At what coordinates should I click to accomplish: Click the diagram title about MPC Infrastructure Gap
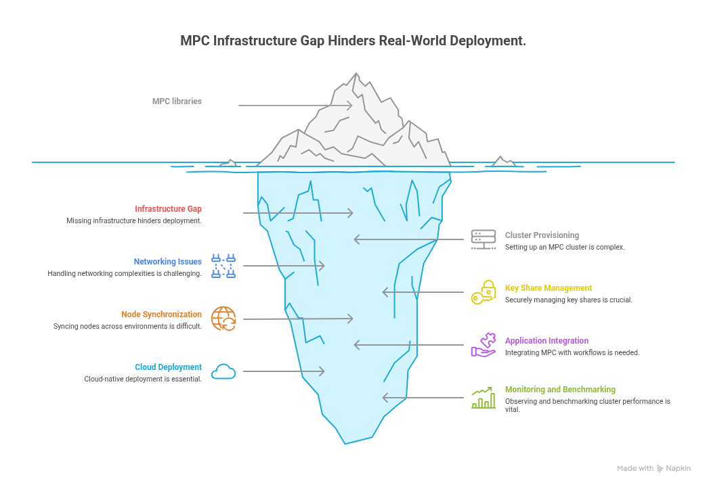353,41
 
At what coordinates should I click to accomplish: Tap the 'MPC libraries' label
177,101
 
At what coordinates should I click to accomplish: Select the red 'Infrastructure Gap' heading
168,209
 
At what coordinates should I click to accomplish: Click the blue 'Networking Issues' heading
167,262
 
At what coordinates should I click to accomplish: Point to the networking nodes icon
223,266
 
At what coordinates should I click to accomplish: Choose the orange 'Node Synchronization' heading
161,315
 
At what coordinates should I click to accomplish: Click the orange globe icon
223,318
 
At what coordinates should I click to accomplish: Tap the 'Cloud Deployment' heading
168,367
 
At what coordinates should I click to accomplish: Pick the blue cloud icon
223,371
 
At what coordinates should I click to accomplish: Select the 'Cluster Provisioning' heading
542,235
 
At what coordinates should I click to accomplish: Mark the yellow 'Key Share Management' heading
549,288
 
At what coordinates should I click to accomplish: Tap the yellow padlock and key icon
484,292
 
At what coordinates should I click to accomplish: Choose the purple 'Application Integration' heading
547,341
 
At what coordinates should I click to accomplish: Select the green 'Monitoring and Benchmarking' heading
560,390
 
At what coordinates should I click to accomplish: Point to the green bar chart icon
484,398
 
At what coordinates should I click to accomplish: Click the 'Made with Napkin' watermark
654,468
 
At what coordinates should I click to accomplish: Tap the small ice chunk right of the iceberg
502,162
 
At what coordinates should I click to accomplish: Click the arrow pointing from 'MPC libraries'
295,106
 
